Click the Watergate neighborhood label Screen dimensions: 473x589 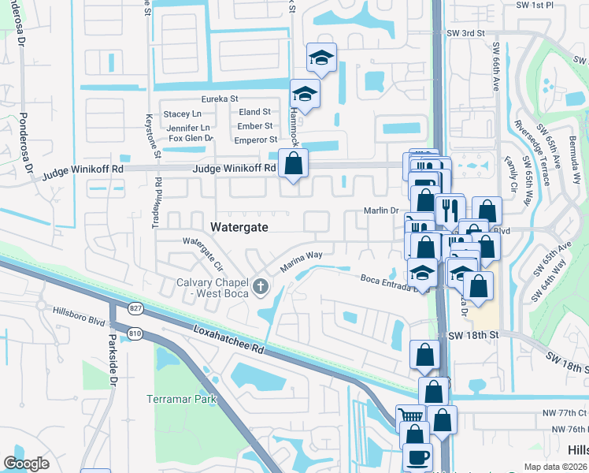pos(239,227)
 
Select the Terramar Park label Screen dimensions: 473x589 pos(181,399)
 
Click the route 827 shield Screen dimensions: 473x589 pos(115,307)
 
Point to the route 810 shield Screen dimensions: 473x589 pos(135,333)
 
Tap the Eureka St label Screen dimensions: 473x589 pos(220,99)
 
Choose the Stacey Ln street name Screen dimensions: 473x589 pos(183,114)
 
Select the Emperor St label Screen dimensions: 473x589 pos(255,139)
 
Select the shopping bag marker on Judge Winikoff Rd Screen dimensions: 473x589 pos(293,165)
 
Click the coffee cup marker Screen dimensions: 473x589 pos(417,456)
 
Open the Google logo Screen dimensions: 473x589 pos(27,464)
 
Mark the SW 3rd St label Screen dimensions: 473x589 pos(465,33)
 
